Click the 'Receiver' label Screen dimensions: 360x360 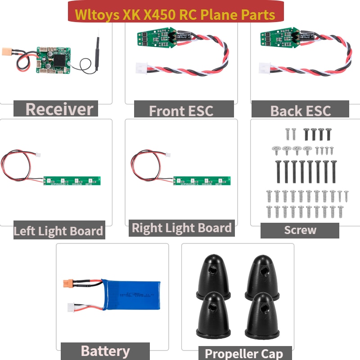(x=59, y=109)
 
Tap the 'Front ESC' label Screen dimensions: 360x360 (x=181, y=111)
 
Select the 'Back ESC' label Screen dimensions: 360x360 (x=300, y=111)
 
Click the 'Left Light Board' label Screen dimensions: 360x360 (x=58, y=231)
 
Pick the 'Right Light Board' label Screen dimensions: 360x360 (x=182, y=228)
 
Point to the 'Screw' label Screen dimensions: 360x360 (x=300, y=230)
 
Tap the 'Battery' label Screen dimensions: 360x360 (x=105, y=351)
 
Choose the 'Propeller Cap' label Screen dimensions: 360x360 (x=244, y=354)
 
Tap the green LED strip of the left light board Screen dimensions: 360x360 (x=72, y=180)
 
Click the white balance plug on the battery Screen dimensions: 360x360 (x=70, y=307)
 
